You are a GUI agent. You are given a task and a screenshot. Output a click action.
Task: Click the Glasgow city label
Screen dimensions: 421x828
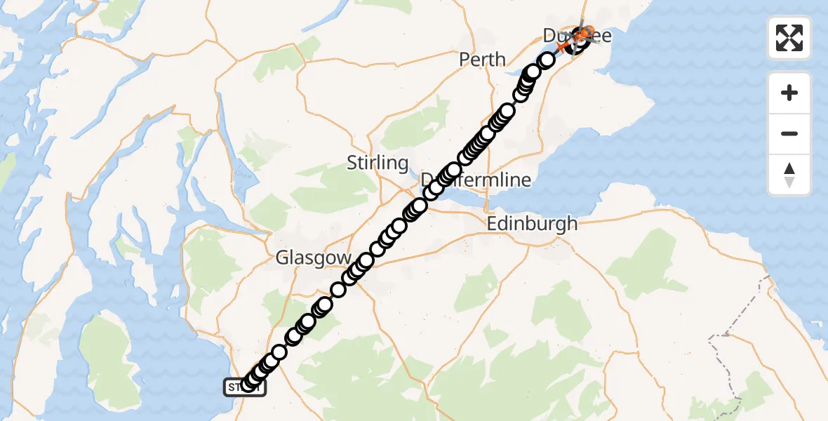pyautogui.click(x=313, y=258)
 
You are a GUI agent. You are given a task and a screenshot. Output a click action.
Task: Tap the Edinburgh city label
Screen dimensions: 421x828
pyautogui.click(x=533, y=224)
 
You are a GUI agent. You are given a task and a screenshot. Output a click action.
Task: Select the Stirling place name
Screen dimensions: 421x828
pyautogui.click(x=378, y=163)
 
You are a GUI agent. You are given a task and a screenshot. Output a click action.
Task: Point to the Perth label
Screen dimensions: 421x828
pyautogui.click(x=482, y=59)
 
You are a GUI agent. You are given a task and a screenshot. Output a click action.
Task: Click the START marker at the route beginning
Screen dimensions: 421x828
pyautogui.click(x=244, y=387)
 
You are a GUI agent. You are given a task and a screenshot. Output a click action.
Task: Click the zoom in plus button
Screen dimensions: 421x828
pyautogui.click(x=789, y=93)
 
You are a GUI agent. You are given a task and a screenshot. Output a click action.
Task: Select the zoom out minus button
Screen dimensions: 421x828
pyautogui.click(x=789, y=133)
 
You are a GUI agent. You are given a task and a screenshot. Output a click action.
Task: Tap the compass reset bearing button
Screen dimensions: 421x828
pyautogui.click(x=789, y=175)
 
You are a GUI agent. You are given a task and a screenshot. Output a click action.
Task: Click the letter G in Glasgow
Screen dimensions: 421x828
pyautogui.click(x=282, y=258)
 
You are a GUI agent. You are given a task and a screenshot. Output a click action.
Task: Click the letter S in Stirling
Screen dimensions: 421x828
pyautogui.click(x=352, y=163)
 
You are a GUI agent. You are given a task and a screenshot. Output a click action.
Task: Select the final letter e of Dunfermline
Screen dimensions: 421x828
pyautogui.click(x=526, y=180)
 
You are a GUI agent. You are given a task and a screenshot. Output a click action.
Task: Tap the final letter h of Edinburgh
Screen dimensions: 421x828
pyautogui.click(x=573, y=224)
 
